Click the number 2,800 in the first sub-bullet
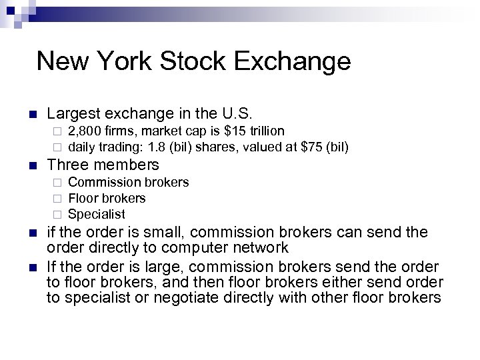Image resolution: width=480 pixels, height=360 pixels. coord(83,131)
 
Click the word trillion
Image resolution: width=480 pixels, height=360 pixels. coord(265,131)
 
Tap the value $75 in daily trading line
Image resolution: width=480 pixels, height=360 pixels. coord(301,146)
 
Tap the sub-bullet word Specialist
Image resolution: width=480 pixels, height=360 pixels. coord(96,214)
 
